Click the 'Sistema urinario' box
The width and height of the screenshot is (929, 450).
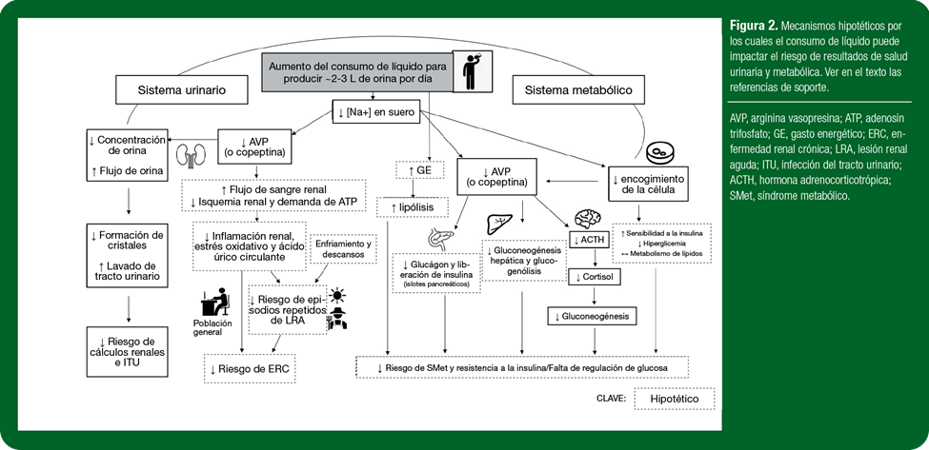pyautogui.click(x=183, y=90)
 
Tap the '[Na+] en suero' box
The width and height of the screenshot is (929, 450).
pyautogui.click(x=375, y=111)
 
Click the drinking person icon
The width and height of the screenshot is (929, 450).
pyautogui.click(x=472, y=70)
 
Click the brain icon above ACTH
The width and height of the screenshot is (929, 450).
pyautogui.click(x=587, y=218)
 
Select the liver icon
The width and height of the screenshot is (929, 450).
pyautogui.click(x=499, y=225)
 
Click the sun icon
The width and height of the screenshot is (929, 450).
pyautogui.click(x=338, y=295)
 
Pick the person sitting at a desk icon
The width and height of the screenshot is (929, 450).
pyautogui.click(x=214, y=302)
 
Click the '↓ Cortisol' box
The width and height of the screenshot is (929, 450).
pyautogui.click(x=595, y=277)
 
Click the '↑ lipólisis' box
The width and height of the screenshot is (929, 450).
pyautogui.click(x=413, y=207)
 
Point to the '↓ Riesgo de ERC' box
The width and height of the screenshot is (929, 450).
pyautogui.click(x=249, y=369)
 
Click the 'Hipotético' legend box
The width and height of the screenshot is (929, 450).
pyautogui.click(x=675, y=399)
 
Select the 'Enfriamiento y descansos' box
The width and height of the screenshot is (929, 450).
pyautogui.click(x=344, y=248)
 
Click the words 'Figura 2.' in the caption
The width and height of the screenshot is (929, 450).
pyautogui.click(x=753, y=27)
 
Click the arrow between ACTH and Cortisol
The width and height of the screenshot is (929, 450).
pyautogui.click(x=595, y=259)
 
